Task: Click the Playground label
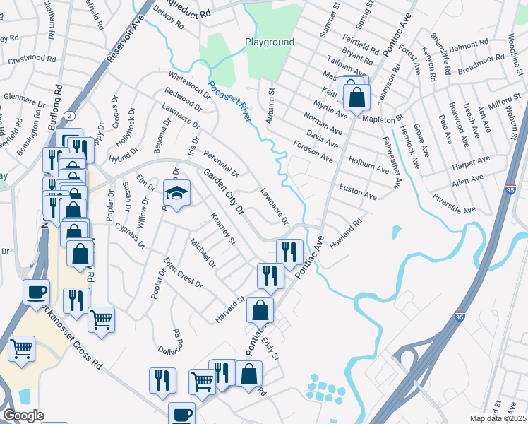(270, 42)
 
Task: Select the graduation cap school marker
(177, 193)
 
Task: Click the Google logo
(23, 416)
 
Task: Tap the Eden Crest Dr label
(183, 273)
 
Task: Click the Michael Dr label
(202, 253)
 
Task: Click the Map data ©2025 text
(498, 418)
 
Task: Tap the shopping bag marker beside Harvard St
(260, 310)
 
